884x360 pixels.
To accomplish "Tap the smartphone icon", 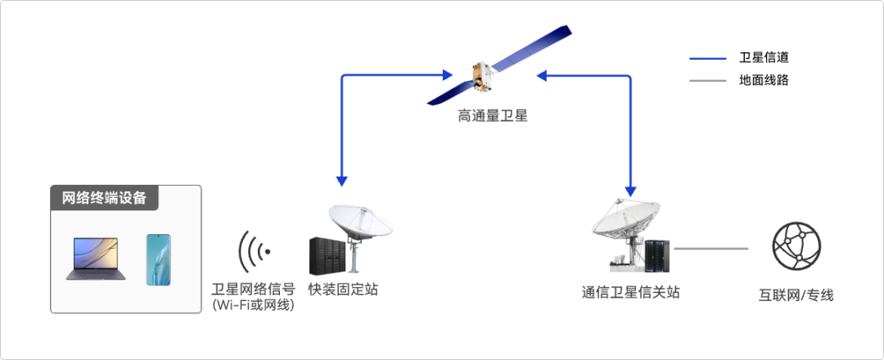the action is pos(159,259).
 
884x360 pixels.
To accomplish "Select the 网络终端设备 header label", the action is pos(104,198).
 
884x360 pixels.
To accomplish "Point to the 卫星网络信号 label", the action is pos(253,290).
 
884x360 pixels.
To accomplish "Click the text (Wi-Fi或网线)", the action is pos(253,305).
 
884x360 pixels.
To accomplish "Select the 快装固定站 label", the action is pos(343,290).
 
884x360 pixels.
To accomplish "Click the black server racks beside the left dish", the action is pos(326,256).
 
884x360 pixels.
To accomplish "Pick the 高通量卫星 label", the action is pos(493,117).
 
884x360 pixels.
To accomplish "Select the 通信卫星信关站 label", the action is pos(631,292).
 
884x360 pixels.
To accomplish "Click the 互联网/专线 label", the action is pos(796,295).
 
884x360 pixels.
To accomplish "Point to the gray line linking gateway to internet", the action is pos(711,248).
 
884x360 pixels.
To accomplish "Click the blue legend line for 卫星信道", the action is pos(707,59).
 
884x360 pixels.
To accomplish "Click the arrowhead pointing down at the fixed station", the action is pos(341,181).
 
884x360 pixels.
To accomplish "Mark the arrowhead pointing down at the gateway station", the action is pos(630,191).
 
